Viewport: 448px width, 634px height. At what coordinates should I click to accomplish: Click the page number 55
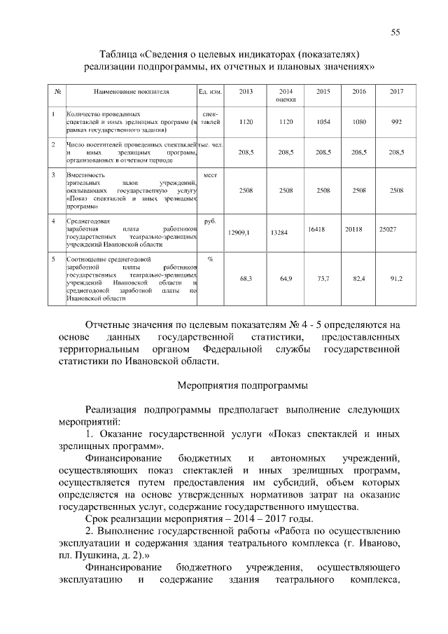click(x=395, y=32)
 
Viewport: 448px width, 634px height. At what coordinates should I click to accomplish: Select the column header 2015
click(x=323, y=92)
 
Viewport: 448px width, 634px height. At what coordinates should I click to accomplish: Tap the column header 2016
click(x=359, y=92)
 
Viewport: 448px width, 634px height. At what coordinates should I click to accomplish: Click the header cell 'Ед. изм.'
click(x=210, y=92)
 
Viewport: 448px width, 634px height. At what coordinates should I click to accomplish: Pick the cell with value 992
click(x=396, y=122)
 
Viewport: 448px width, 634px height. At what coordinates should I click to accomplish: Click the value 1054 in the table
click(x=323, y=122)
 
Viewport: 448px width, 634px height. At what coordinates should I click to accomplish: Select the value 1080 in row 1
click(x=359, y=122)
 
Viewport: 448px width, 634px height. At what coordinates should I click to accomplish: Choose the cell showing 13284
click(x=279, y=230)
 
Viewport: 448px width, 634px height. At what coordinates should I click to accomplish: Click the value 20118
click(x=354, y=228)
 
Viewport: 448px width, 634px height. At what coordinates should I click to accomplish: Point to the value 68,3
click(x=246, y=278)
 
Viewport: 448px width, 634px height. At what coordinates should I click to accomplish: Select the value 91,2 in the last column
click(x=396, y=278)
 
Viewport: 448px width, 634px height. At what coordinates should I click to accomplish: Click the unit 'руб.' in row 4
click(x=210, y=221)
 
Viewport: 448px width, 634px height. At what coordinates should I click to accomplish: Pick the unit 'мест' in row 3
click(x=210, y=174)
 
